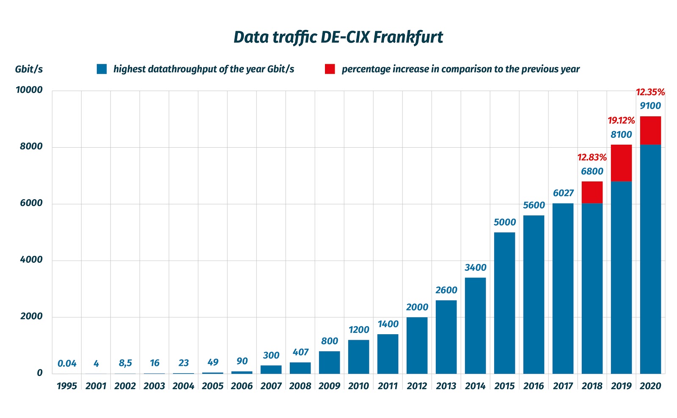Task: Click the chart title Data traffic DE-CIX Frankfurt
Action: tap(338, 37)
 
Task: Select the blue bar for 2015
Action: tap(504, 302)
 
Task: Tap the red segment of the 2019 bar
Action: tap(621, 163)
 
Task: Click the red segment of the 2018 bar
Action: tap(592, 192)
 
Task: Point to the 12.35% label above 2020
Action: tap(650, 92)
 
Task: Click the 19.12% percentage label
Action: tap(621, 121)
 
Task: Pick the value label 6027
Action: tap(563, 193)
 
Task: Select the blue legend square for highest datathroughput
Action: tap(102, 69)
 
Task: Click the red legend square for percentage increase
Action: tap(330, 69)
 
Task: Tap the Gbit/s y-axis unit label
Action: tap(29, 69)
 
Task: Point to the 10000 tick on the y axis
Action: tap(29, 90)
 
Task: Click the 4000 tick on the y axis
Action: tap(31, 260)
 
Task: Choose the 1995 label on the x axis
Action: tap(67, 386)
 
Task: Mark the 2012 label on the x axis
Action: tap(417, 386)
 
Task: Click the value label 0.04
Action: tap(67, 363)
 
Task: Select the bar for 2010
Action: tap(358, 357)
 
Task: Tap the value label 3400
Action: tap(475, 268)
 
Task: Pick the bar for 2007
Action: tap(271, 369)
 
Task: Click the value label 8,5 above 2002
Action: tap(125, 363)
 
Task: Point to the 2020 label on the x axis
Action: tap(650, 386)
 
